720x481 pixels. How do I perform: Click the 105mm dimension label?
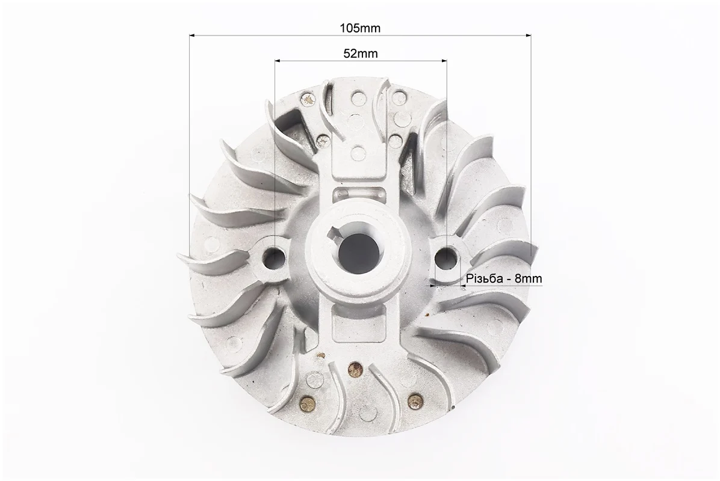pos(360,28)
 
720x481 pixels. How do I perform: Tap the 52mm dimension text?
pos(361,54)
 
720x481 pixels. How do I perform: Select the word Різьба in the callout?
pos(483,278)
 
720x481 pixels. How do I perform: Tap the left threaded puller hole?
pos(275,256)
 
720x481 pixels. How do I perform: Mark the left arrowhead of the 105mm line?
pos(193,35)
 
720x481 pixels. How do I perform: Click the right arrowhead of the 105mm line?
pos(528,35)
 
